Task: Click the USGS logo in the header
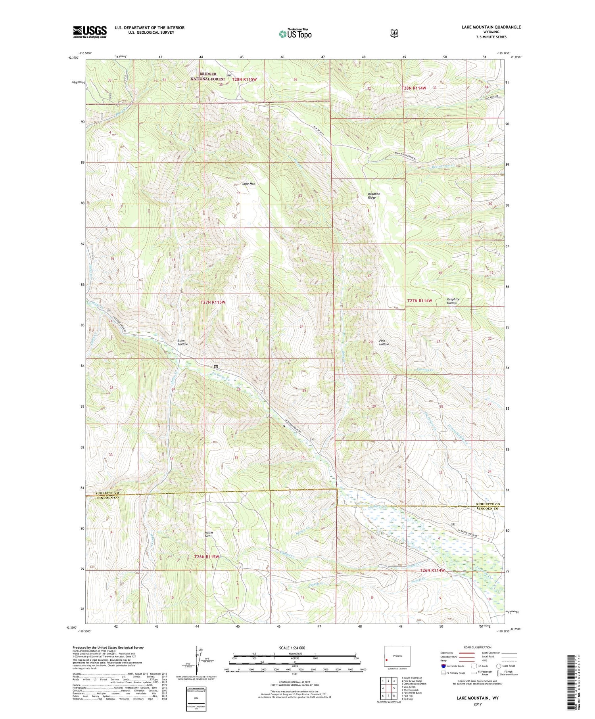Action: pos(90,32)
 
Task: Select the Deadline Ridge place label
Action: pos(374,196)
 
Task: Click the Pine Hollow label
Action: pos(384,342)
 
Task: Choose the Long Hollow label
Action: pos(182,342)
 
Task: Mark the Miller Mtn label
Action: pos(209,534)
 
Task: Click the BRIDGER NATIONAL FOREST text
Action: pos(208,77)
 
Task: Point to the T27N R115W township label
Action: pos(213,302)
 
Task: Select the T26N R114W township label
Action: pos(432,570)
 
